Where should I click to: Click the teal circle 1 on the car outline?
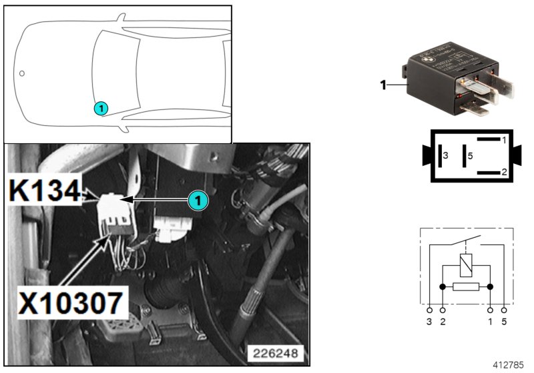point(99,107)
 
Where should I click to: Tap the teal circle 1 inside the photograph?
point(196,199)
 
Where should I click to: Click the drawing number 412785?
point(510,365)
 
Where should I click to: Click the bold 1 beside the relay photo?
point(383,85)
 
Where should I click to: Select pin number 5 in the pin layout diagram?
point(470,156)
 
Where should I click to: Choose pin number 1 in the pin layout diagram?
point(505,141)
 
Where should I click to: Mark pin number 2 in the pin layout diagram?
point(505,172)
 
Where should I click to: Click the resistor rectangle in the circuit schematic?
point(465,287)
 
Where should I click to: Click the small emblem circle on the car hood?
point(22,73)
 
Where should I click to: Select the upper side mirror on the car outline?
point(122,19)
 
